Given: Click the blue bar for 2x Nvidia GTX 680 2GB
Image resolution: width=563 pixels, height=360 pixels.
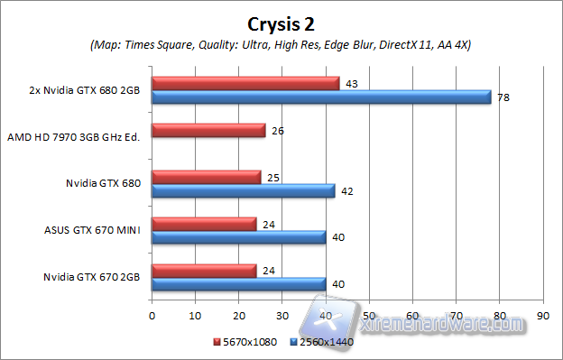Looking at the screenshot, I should coord(321,97).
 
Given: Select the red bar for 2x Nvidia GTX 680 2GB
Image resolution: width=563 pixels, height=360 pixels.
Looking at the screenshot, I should coord(245,83).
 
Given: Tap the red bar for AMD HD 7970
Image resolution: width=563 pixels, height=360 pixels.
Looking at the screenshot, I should coord(208,131).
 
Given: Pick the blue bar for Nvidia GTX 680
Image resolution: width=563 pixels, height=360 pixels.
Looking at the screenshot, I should coord(243,190).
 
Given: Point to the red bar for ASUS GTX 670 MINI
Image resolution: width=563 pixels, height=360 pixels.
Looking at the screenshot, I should coord(204,224).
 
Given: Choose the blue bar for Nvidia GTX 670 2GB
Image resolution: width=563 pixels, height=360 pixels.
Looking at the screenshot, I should coord(238,283).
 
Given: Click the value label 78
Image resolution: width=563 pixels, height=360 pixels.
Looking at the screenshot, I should coord(503,97).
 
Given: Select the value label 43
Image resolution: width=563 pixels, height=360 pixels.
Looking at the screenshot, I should coord(353,84).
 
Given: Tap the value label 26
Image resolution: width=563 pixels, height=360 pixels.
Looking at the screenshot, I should coord(279,131).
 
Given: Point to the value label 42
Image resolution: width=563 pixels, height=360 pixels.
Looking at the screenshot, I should coord(348,190).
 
